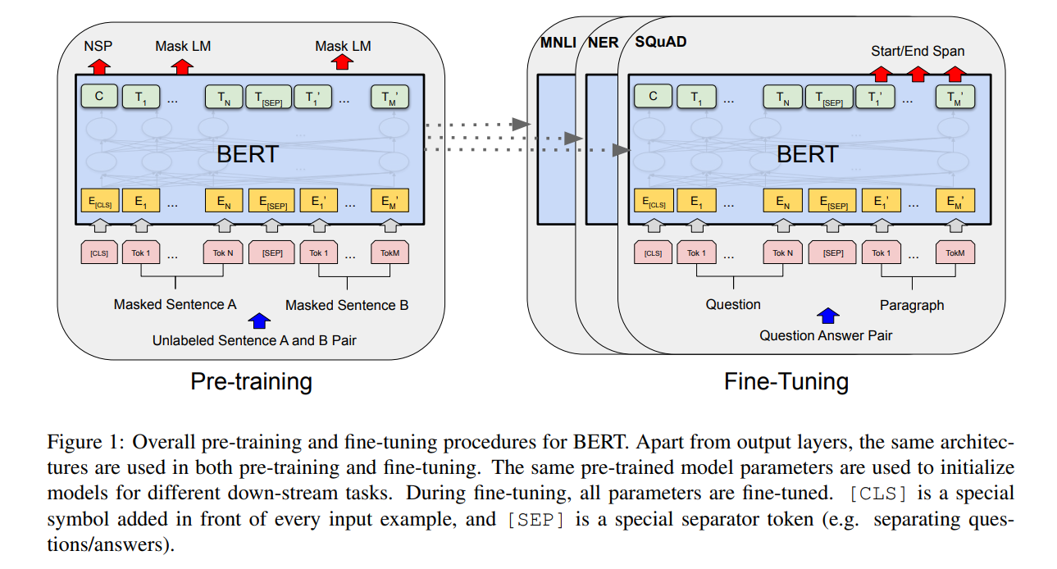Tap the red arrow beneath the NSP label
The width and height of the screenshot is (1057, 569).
pyautogui.click(x=98, y=65)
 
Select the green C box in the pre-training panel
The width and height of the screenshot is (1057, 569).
pyautogui.click(x=98, y=97)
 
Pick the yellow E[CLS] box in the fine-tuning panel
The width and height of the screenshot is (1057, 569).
pyautogui.click(x=653, y=200)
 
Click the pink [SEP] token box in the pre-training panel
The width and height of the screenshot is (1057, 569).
pyautogui.click(x=272, y=253)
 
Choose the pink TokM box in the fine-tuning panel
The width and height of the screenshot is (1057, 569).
pyautogui.click(x=955, y=253)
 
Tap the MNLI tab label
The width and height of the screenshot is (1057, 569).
pyautogui.click(x=557, y=42)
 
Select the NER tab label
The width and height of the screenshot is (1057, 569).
pyautogui.click(x=603, y=42)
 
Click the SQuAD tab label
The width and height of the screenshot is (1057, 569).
pyautogui.click(x=660, y=41)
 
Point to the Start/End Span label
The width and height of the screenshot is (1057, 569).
pyautogui.click(x=918, y=51)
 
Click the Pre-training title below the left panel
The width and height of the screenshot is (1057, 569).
pyautogui.click(x=251, y=381)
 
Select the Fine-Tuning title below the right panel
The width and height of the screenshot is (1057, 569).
pyautogui.click(x=786, y=381)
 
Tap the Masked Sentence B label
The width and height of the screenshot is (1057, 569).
pyautogui.click(x=346, y=305)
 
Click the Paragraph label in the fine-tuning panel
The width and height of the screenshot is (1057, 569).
pyautogui.click(x=912, y=305)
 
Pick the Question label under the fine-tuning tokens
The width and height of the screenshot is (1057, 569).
pyautogui.click(x=733, y=304)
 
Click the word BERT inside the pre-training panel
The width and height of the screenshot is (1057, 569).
pyautogui.click(x=247, y=154)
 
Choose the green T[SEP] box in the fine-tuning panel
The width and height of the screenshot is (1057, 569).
pyautogui.click(x=829, y=98)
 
